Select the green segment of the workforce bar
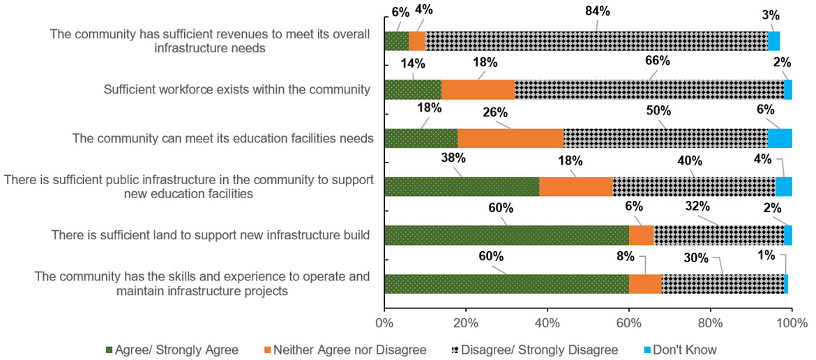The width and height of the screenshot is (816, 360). tap(413, 89)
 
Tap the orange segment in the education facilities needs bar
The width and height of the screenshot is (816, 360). tap(511, 138)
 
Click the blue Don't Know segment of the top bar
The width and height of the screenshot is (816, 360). tap(773, 41)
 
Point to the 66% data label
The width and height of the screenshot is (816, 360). tap(658, 61)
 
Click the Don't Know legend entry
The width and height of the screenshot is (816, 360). tap(681, 349)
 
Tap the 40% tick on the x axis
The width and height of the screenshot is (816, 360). tap(547, 324)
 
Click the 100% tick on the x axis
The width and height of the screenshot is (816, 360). tap(792, 324)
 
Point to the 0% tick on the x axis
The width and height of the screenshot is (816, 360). tap(384, 324)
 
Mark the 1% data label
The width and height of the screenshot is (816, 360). tap(786, 255)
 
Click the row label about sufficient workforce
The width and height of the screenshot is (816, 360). tap(236, 89)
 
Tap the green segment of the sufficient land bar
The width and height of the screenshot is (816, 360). tap(506, 235)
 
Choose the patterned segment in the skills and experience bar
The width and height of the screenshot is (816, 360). tap(723, 284)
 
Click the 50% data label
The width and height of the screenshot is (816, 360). tap(658, 111)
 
